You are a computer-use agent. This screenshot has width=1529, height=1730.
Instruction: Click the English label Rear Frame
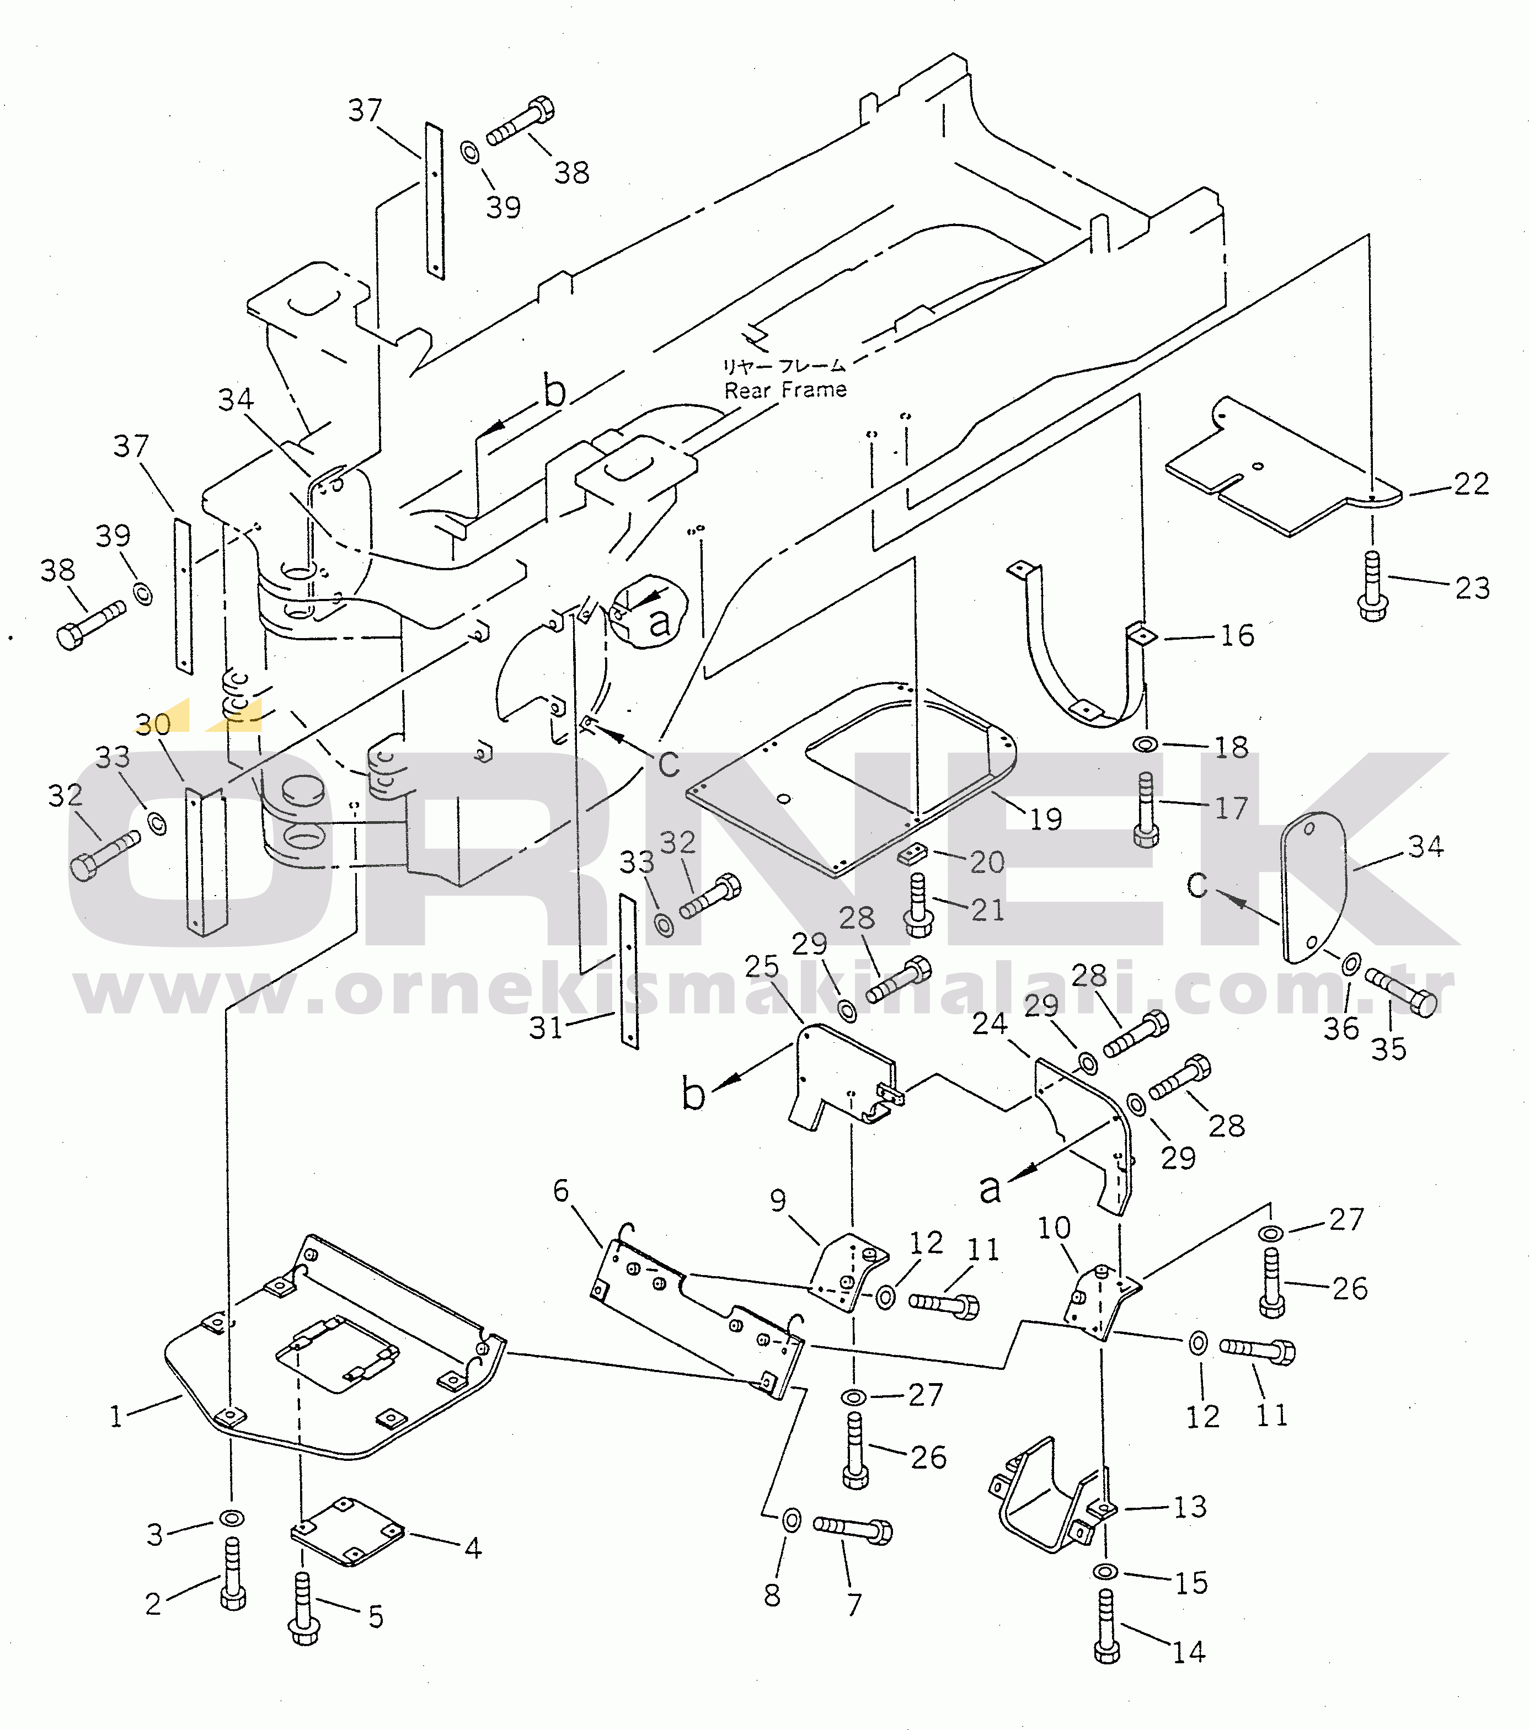(x=785, y=390)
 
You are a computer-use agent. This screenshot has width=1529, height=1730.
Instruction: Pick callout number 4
(x=472, y=1548)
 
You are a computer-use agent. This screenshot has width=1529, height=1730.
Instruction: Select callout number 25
(x=762, y=966)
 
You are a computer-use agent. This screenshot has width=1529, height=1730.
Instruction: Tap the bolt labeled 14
(x=1108, y=1626)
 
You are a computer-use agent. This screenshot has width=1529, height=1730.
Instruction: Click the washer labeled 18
(x=1146, y=744)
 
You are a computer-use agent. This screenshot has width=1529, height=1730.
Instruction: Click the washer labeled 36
(x=1351, y=963)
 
